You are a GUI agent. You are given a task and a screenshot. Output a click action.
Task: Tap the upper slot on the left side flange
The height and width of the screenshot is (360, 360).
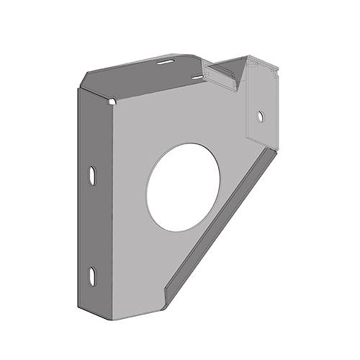92,174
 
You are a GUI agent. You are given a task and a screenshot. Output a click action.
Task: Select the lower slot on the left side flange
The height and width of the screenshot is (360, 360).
92,275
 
